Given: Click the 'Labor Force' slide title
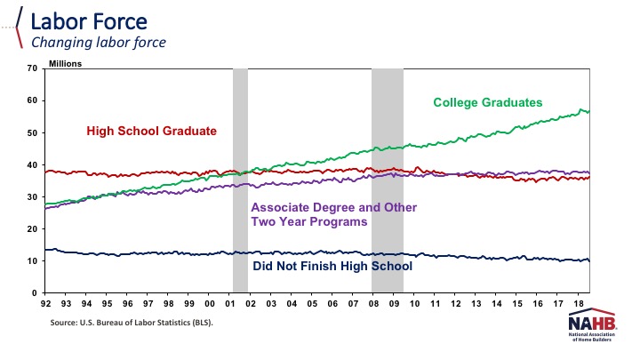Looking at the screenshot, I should [x=80, y=20].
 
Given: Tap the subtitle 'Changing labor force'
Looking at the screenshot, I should [x=99, y=41].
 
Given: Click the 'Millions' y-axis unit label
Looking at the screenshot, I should [x=67, y=63].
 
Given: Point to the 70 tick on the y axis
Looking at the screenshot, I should [x=32, y=68].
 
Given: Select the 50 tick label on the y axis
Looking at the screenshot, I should [x=32, y=132].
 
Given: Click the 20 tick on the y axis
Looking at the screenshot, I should [x=32, y=228].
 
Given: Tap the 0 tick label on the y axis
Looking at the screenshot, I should [x=35, y=292].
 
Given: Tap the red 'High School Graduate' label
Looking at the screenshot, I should [x=151, y=131].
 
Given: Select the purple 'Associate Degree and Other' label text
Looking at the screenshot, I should [x=333, y=207].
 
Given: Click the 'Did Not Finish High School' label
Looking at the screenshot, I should [x=332, y=265].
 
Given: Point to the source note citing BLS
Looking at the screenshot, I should [x=132, y=324].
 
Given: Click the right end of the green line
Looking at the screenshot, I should [x=589, y=111].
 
